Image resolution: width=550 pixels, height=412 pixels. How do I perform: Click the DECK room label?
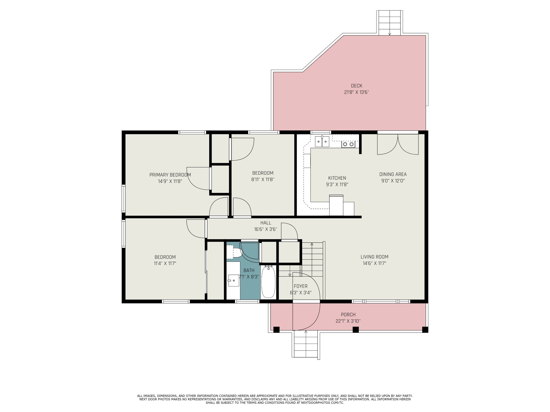[357, 86]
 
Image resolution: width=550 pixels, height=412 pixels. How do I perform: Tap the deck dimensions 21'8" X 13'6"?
[357, 92]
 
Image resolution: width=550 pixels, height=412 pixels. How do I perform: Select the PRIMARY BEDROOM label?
[170, 175]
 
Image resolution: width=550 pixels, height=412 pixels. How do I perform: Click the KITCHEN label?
[337, 178]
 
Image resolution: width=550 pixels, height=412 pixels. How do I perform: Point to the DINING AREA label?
[393, 174]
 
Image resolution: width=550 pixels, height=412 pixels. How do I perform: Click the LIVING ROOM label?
[374, 257]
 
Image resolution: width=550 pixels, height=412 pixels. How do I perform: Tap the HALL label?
[266, 223]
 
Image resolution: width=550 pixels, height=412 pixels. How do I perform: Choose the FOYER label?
[301, 286]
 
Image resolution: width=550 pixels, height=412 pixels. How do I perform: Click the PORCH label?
[348, 315]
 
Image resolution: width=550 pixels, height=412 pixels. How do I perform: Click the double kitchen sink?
[322, 141]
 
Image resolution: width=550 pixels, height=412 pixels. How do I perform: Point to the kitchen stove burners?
[348, 144]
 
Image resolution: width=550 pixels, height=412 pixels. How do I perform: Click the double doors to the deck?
[398, 144]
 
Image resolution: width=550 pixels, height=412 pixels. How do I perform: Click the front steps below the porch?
[306, 345]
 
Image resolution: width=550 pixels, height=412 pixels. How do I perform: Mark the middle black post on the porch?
[356, 330]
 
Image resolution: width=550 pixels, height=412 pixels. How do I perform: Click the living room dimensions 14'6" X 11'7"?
[374, 263]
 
